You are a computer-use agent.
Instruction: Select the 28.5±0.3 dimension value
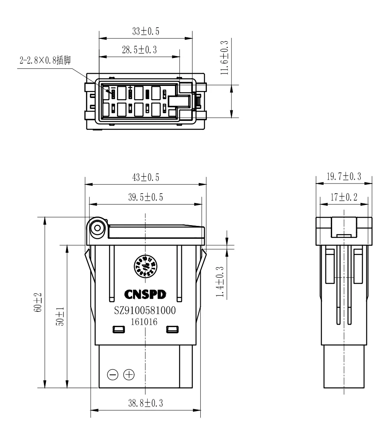coord(139,50)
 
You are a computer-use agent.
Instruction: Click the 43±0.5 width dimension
coord(146,177)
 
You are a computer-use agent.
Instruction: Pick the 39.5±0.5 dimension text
coord(146,197)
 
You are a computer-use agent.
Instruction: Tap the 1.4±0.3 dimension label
coord(220,282)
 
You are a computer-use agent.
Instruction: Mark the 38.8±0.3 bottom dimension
coord(146,403)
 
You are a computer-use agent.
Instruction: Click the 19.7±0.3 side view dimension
coord(343,177)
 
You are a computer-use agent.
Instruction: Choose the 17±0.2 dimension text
coord(343,197)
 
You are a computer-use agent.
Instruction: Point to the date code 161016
coord(145,321)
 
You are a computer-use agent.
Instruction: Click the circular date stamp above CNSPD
coord(145,267)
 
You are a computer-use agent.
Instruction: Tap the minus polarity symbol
coord(113,375)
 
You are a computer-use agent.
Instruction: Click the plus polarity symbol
coord(129,375)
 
